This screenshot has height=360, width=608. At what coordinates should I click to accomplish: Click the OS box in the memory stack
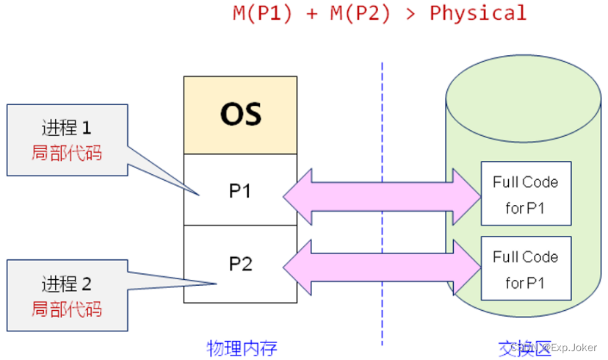pyautogui.click(x=240, y=115)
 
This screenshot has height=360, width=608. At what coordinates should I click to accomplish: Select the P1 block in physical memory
pyautogui.click(x=240, y=190)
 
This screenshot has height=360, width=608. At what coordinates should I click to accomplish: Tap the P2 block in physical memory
pyautogui.click(x=240, y=264)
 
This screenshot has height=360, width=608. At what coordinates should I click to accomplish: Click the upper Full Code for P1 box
pyautogui.click(x=525, y=195)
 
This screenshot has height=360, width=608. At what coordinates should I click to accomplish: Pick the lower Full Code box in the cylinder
pyautogui.click(x=525, y=269)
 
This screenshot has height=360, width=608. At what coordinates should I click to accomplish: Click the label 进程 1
pyautogui.click(x=67, y=128)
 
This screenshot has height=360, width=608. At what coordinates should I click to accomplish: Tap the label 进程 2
pyautogui.click(x=67, y=283)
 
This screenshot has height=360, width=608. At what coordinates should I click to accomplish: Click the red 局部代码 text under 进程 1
pyautogui.click(x=67, y=153)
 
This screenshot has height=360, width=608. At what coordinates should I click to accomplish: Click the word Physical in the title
pyautogui.click(x=478, y=13)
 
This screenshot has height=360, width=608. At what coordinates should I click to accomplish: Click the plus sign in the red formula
pyautogui.click(x=312, y=13)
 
